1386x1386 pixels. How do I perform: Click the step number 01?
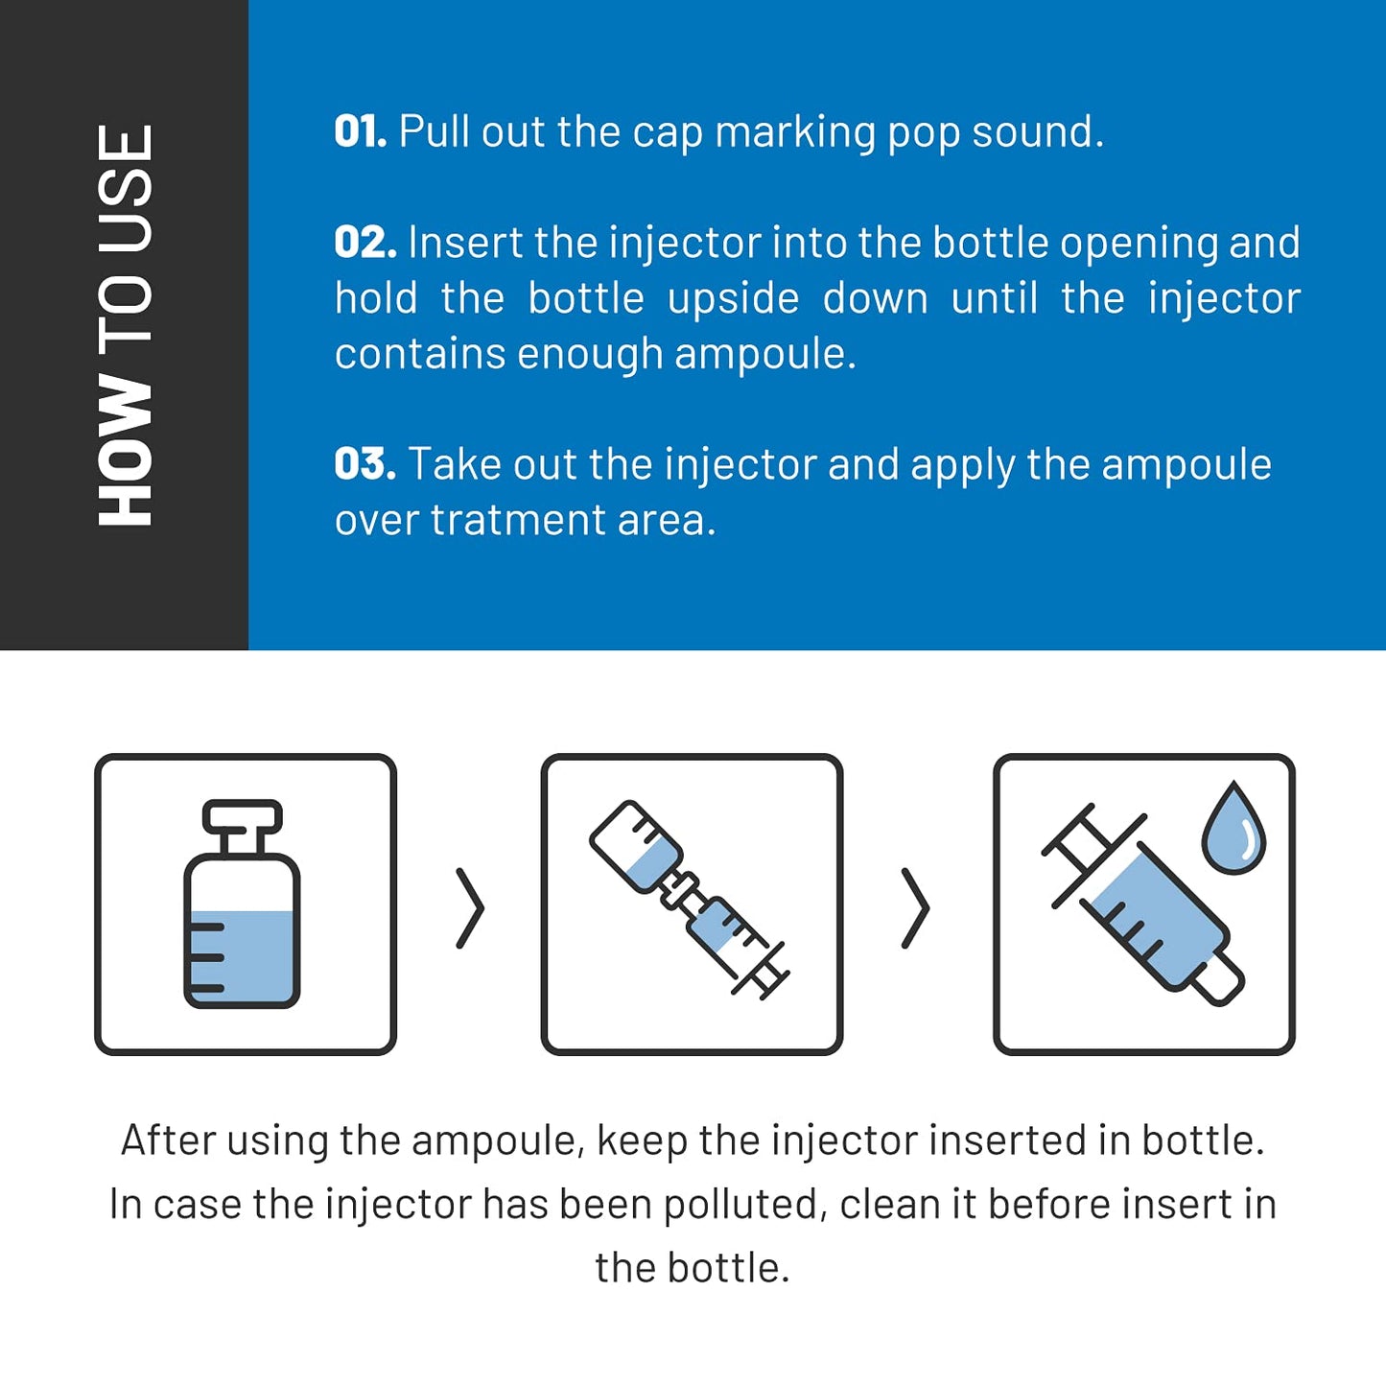360,131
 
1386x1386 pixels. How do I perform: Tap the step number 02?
364,243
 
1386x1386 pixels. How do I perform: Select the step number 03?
364,464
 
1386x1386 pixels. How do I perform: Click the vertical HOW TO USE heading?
125,325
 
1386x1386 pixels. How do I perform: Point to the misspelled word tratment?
518,520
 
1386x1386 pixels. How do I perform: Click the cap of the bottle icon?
242,816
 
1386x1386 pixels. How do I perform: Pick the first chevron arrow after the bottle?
470,907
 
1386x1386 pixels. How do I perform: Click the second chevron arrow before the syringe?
916,907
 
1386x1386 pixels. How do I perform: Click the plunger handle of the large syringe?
1079,839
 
